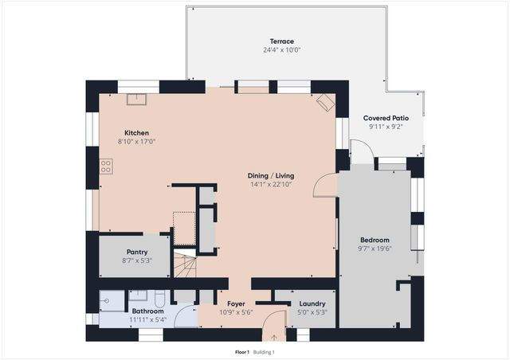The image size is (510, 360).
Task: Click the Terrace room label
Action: coord(281,41)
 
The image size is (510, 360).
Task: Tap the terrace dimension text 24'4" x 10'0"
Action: coord(281,49)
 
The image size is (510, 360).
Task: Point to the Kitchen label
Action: coord(136,133)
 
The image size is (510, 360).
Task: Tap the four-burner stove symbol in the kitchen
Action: coord(105,166)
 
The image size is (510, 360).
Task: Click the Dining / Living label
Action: coord(269,175)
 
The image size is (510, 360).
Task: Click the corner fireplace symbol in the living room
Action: coord(325,102)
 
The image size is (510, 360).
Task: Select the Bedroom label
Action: coord(375,240)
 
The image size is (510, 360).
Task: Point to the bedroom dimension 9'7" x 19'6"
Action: coord(375,248)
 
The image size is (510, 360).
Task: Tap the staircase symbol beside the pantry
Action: coord(185,264)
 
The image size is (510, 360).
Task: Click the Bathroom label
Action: coord(147,311)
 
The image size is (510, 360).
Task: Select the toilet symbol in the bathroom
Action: coord(159,300)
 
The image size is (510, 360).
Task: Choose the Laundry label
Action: coord(312,303)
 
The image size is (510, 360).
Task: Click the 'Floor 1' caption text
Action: coord(242,351)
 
